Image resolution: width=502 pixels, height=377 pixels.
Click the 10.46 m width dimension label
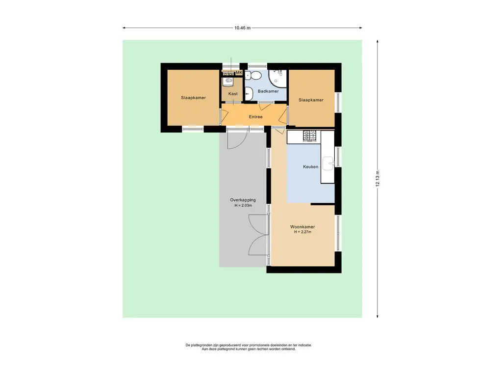coord(242,28)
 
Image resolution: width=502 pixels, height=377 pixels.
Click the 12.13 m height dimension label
coord(378,179)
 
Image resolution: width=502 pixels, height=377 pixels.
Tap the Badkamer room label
coord(268,91)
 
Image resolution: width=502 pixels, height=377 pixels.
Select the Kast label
coord(233,94)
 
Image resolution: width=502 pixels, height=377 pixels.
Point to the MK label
coord(239,73)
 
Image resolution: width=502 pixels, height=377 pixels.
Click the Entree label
coord(256,117)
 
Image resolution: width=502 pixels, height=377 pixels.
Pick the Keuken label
coord(310,167)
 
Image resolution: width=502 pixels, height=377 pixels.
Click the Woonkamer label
coord(302,227)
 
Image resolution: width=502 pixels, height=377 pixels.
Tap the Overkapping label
coord(243,200)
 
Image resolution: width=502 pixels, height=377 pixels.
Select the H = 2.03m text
coord(243,206)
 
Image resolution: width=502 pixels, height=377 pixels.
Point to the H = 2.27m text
coord(302,232)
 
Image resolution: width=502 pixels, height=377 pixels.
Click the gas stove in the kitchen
coord(310,136)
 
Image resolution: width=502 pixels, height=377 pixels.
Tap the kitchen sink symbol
coord(328,163)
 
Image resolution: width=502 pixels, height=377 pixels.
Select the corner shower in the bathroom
coord(277,78)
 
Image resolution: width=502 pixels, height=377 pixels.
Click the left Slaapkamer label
coord(193,98)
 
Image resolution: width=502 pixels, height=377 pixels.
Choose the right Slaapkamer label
coord(311,100)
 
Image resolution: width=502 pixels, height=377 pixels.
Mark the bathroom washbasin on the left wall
coord(249,93)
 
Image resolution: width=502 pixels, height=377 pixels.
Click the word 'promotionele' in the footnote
coord(259,345)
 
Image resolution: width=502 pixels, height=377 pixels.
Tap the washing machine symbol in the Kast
coord(228,81)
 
